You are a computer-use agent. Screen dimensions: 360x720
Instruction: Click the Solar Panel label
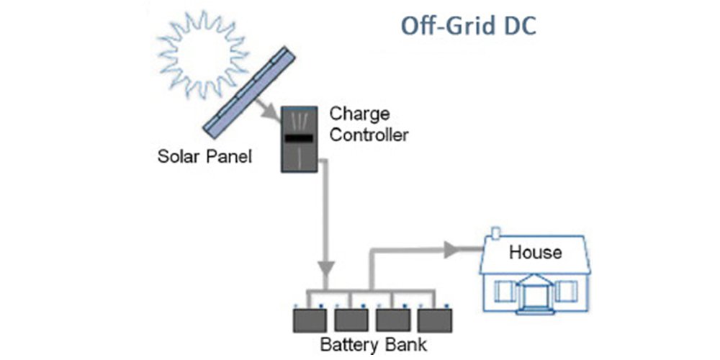(204, 156)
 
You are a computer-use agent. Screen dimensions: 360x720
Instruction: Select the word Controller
(369, 134)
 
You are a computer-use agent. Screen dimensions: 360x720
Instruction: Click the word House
(535, 252)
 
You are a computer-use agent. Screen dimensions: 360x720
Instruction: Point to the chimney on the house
(495, 234)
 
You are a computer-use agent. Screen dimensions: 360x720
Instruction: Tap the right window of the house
(567, 290)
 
